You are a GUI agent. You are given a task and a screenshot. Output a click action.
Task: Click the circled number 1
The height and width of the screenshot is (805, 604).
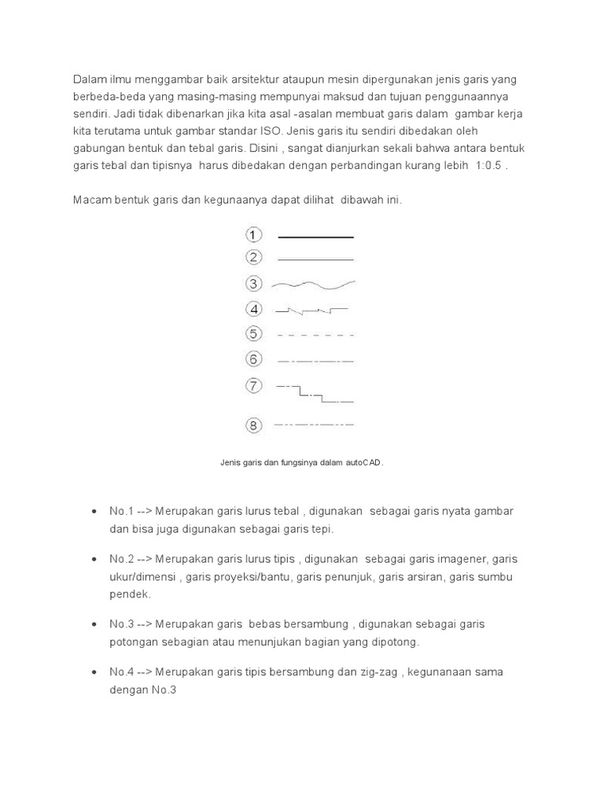click(253, 235)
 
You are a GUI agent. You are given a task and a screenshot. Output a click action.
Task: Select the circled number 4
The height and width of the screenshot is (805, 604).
click(253, 309)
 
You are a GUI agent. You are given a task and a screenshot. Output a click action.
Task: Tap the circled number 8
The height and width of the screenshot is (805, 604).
click(253, 426)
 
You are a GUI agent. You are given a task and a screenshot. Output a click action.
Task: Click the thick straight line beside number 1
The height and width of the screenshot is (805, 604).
click(315, 237)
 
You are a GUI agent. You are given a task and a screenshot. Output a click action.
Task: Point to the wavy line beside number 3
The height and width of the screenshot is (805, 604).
click(313, 284)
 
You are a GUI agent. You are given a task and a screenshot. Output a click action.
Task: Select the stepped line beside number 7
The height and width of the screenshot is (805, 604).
click(315, 393)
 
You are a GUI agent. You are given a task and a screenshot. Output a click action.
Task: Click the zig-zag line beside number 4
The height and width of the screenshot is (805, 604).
click(311, 311)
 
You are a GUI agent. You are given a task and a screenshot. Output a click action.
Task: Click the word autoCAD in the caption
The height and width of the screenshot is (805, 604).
click(363, 463)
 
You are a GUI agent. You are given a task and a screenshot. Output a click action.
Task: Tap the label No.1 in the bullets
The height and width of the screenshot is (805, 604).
click(122, 512)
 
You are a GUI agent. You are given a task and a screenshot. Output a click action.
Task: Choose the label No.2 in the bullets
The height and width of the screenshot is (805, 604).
click(122, 560)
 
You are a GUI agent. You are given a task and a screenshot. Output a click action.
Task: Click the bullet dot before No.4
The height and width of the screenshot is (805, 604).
click(94, 673)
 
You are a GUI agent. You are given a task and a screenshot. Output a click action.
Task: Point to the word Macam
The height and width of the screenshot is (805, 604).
click(92, 200)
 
